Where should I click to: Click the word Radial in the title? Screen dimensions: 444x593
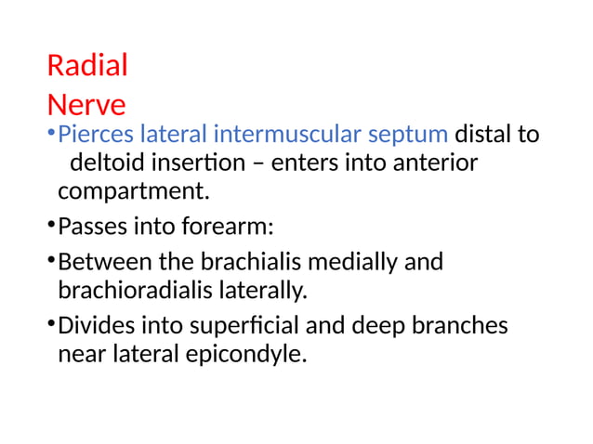pyautogui.click(x=87, y=67)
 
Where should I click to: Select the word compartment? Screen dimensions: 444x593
pyautogui.click(x=130, y=194)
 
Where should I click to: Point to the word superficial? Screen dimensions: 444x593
pyautogui.click(x=242, y=326)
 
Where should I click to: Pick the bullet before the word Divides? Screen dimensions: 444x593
pyautogui.click(x=50, y=326)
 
